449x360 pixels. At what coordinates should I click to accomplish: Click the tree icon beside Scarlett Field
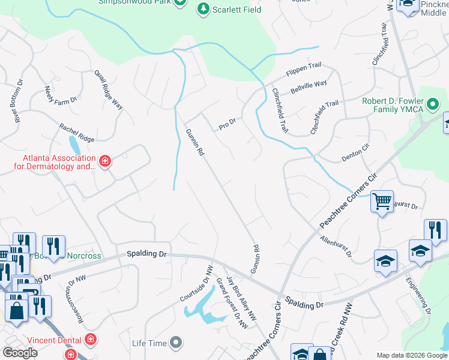[203, 9]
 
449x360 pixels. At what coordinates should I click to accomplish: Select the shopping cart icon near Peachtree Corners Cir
[382, 202]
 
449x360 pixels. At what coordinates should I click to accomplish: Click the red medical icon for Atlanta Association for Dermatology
[105, 161]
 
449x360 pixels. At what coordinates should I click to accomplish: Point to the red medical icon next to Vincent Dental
[91, 339]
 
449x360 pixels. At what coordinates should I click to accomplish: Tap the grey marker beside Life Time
[176, 343]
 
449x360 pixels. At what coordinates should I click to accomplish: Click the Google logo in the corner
[20, 353]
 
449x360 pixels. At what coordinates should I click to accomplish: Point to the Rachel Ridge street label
[76, 133]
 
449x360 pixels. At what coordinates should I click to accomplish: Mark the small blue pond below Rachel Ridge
[74, 145]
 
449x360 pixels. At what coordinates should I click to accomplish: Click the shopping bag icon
[16, 310]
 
